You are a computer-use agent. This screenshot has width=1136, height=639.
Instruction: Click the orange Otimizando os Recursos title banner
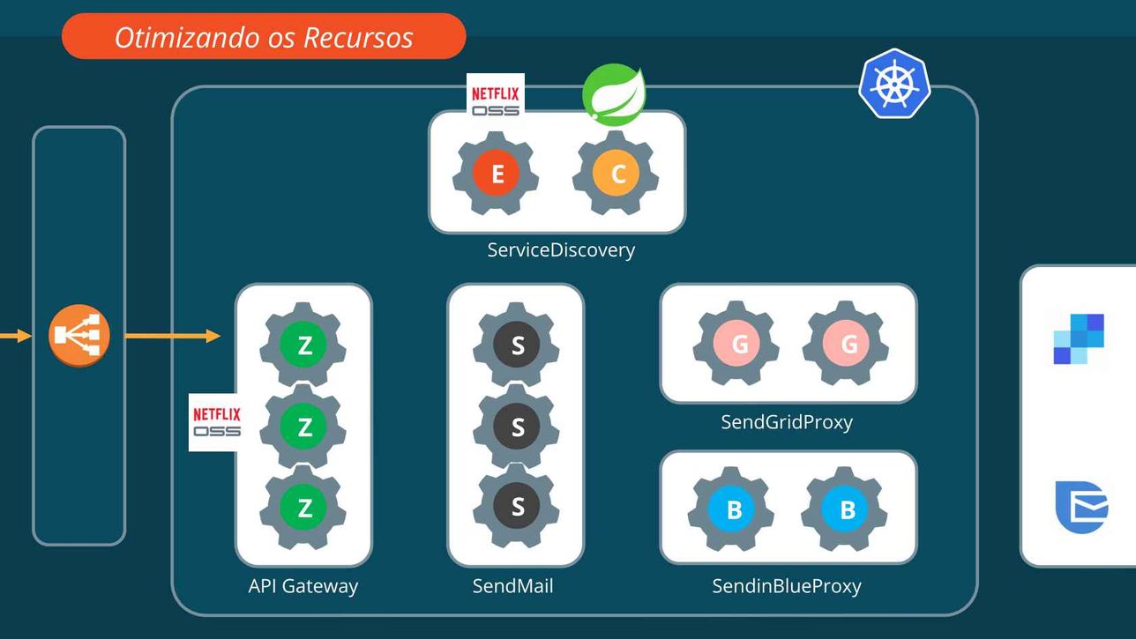coord(264,37)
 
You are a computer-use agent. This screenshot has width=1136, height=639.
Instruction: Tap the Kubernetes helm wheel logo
coord(894,84)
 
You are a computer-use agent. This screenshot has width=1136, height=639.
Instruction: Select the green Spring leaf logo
coord(614,93)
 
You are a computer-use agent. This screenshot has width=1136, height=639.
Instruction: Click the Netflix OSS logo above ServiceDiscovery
coord(496,99)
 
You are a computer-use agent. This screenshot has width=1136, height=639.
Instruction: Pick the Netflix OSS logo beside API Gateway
coord(216,422)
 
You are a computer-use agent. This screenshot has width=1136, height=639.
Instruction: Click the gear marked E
coord(497,174)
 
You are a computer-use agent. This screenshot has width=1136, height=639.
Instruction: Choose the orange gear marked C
coord(617,174)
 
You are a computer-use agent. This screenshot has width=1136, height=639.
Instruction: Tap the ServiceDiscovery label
coord(561,250)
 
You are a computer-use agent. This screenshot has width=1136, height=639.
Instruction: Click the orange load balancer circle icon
coord(79,336)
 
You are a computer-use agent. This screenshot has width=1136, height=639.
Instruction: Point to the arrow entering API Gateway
coord(173,336)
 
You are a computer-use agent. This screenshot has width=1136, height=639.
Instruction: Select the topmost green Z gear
coord(304,345)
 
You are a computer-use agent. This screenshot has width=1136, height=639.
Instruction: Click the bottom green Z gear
coord(304,508)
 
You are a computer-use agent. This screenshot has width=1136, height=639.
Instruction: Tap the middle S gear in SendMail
coord(517,427)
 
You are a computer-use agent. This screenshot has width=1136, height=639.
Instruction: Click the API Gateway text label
coord(303,586)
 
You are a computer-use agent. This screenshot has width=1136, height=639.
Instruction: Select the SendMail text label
coord(512,586)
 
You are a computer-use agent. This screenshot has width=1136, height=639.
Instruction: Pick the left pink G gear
coord(738,345)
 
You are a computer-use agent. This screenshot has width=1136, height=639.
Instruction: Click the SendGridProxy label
coord(787,422)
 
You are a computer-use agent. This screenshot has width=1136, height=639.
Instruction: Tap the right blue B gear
coord(846,509)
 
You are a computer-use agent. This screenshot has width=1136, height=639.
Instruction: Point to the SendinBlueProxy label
coord(787,586)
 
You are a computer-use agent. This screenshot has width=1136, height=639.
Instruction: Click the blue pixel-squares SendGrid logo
coord(1079,338)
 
